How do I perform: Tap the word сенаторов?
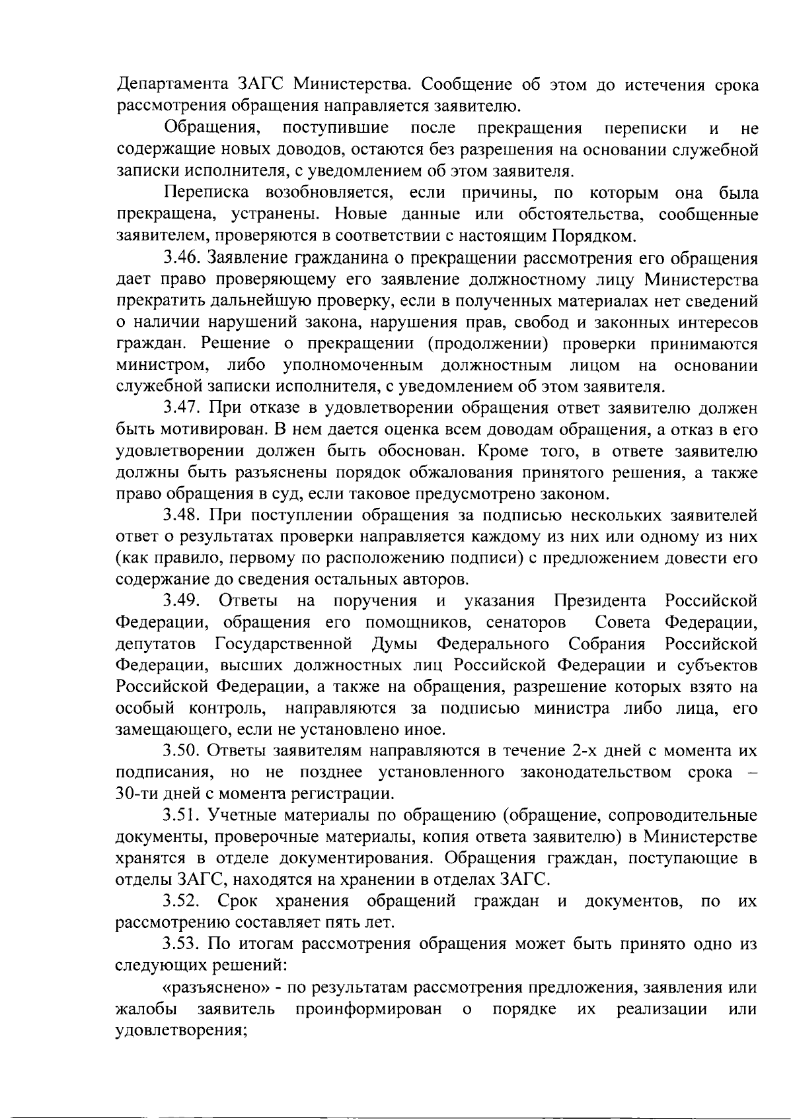coord(525,623)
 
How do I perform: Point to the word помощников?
coord(420,623)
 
